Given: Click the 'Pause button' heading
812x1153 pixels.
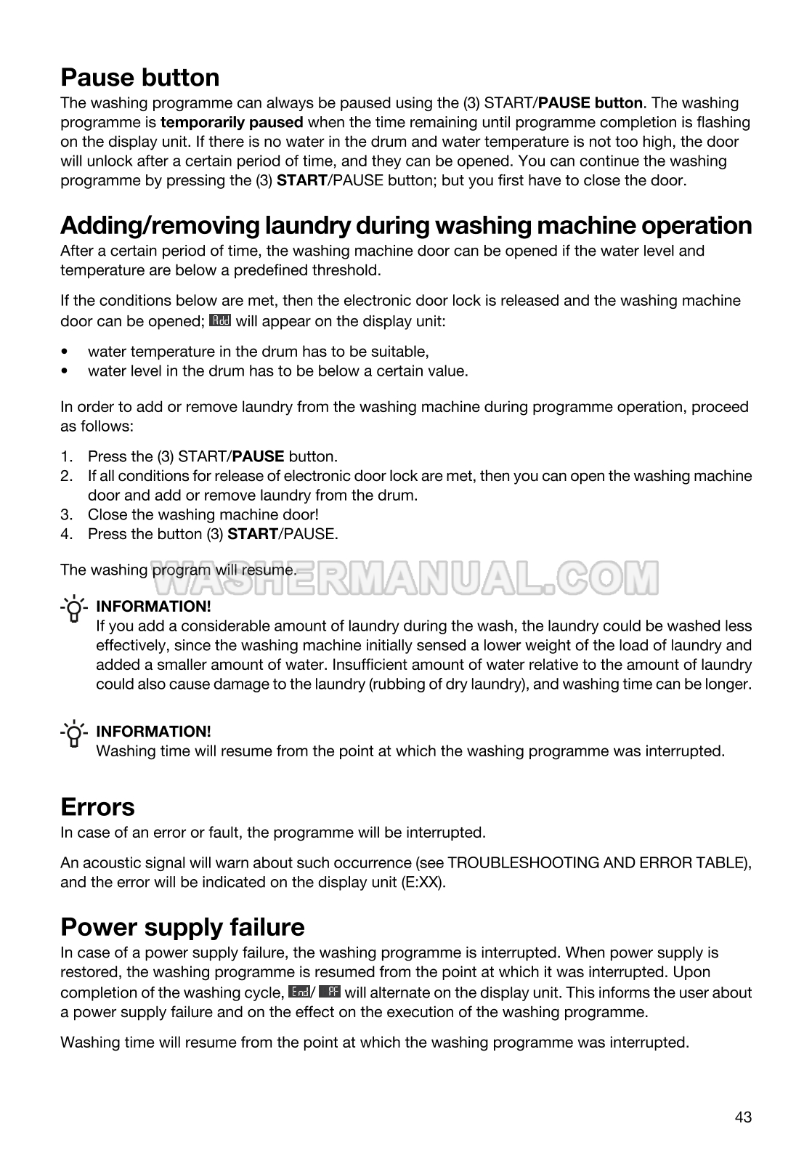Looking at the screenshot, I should point(139,78).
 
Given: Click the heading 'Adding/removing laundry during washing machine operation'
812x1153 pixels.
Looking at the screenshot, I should point(406,225).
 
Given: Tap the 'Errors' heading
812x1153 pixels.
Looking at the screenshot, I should point(97,807).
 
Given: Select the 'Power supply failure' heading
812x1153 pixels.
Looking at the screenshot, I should point(182,927).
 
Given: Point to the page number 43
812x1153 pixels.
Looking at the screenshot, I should point(743,1117).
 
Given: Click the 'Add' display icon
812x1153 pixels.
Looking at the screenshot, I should point(219,320).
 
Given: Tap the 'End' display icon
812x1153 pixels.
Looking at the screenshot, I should point(299,992).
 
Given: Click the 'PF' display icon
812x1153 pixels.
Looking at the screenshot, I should point(329,992).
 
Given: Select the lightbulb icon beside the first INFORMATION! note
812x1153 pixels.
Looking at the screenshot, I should point(73,608).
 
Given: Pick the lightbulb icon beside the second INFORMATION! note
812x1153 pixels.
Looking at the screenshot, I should point(73,734).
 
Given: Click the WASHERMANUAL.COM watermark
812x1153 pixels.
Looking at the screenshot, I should point(414,578).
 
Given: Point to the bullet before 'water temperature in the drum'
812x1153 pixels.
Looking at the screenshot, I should point(66,352).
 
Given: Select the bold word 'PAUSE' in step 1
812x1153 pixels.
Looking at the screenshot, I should point(258,457).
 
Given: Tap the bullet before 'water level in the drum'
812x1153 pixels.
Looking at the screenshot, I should point(66,371).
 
